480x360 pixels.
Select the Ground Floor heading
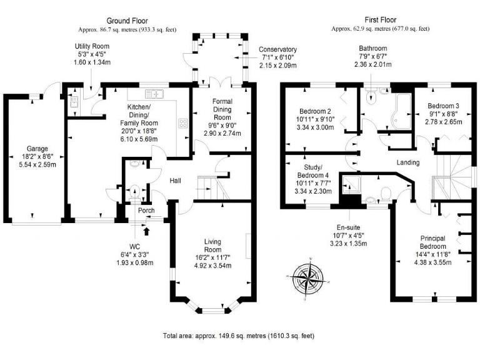pos(127,21)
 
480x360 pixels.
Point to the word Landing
pos(407,162)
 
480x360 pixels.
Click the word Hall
pos(176,181)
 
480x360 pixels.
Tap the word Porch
pos(146,211)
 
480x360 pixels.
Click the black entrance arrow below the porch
pos(147,231)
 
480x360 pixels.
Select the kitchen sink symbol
pos(153,94)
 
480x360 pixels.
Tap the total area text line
pos(239,335)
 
